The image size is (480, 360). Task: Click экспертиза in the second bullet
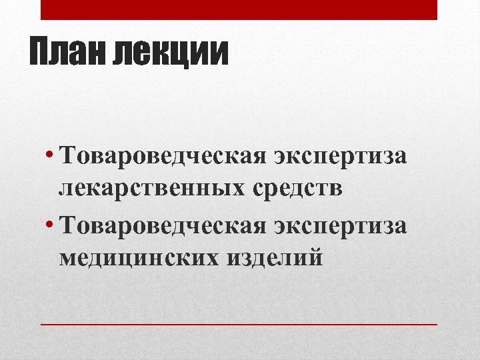point(339,225)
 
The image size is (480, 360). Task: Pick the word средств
point(297,189)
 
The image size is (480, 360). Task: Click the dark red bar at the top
point(239,9)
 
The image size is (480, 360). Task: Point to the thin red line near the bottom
point(239,324)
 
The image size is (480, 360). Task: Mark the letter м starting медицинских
point(67,257)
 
